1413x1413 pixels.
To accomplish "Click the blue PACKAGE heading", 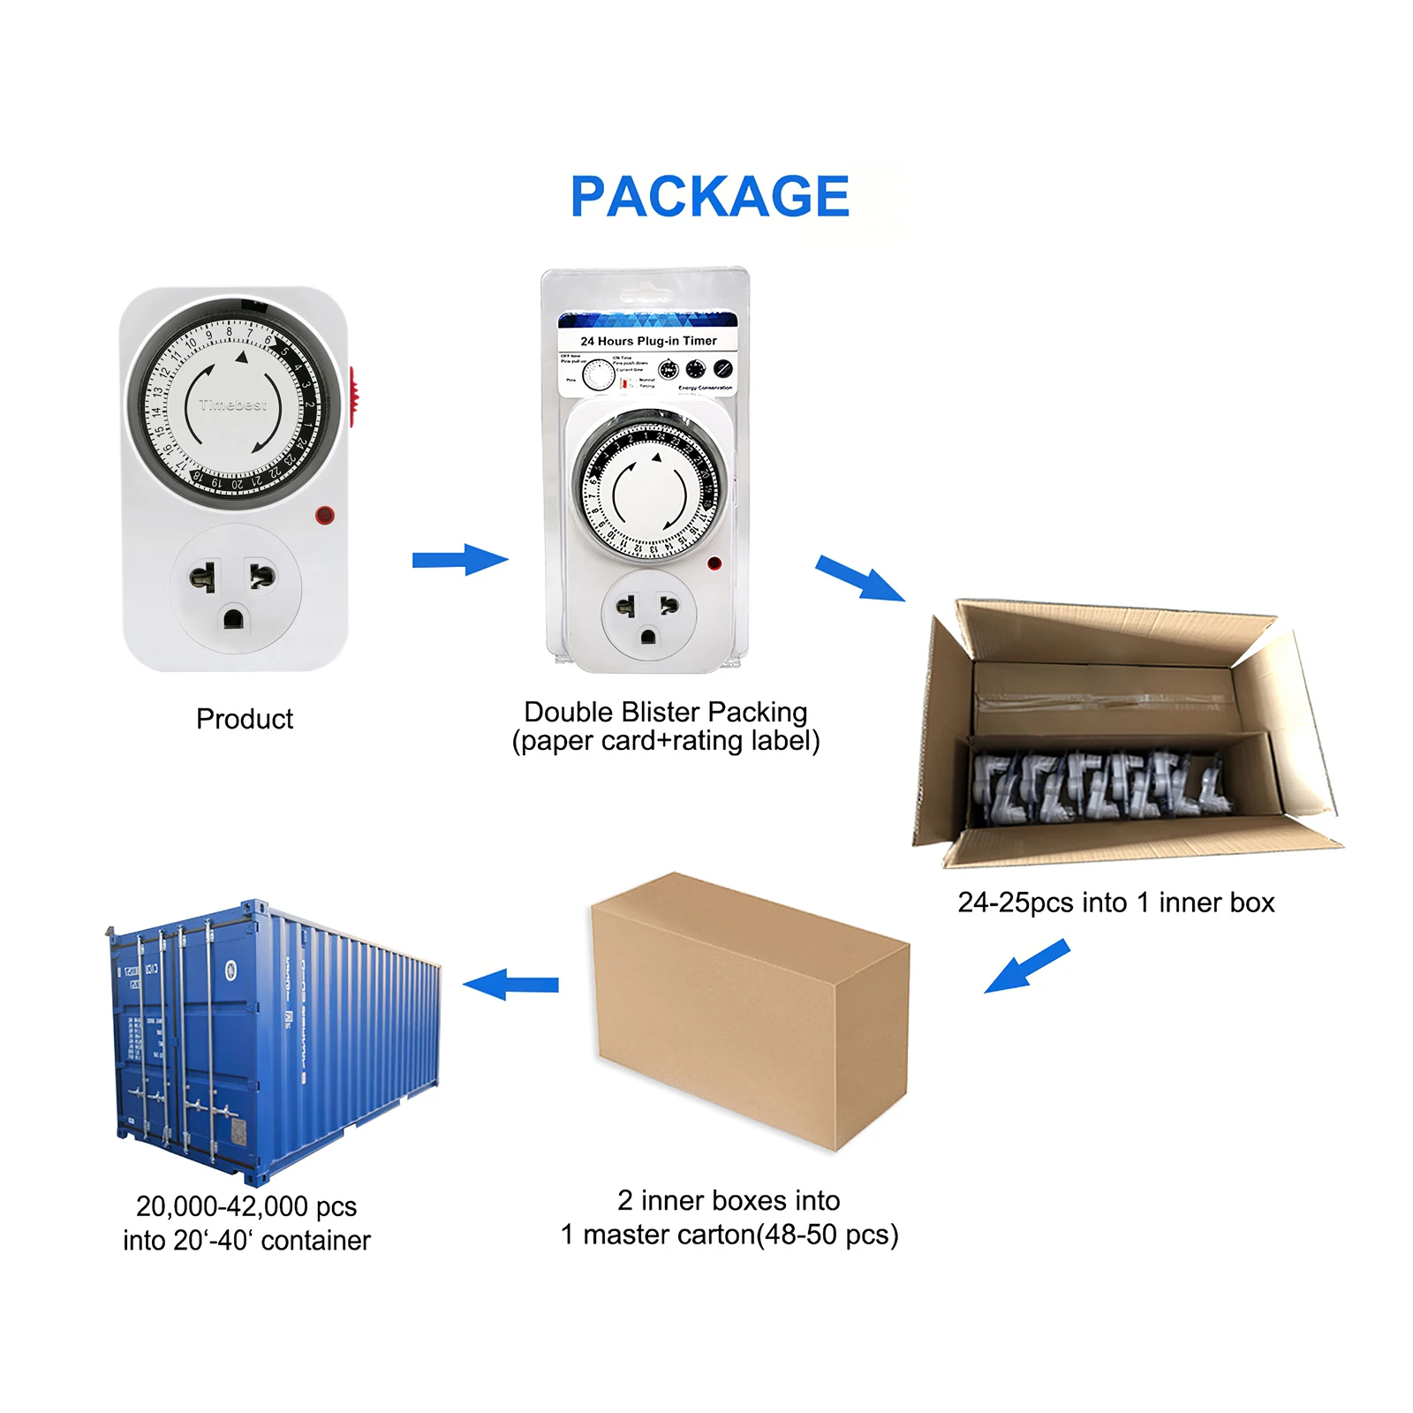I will click(x=709, y=196).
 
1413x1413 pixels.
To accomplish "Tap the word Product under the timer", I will click(x=245, y=719).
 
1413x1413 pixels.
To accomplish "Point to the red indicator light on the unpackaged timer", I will click(x=324, y=515).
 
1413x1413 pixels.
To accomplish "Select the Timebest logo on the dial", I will click(x=232, y=405).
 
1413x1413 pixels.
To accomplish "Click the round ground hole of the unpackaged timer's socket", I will click(x=233, y=618).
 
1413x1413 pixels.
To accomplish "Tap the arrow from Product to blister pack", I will click(x=460, y=559).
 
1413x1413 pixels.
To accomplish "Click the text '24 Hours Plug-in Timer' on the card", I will click(x=648, y=341).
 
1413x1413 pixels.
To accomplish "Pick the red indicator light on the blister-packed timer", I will click(x=714, y=563).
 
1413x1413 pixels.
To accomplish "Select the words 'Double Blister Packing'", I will click(x=665, y=712).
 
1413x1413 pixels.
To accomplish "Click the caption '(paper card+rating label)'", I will click(x=666, y=741).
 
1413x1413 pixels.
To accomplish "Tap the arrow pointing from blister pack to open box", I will click(x=859, y=578).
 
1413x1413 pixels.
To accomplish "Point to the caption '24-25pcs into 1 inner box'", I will click(x=1115, y=903).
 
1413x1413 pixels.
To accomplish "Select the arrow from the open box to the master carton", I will click(x=1026, y=966).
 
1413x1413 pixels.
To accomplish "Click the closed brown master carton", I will click(x=751, y=1011).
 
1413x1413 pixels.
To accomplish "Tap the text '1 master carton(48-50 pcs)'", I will click(x=729, y=1235).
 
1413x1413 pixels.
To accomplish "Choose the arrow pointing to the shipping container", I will click(x=511, y=984).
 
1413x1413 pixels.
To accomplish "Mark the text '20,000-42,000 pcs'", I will click(x=246, y=1206).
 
